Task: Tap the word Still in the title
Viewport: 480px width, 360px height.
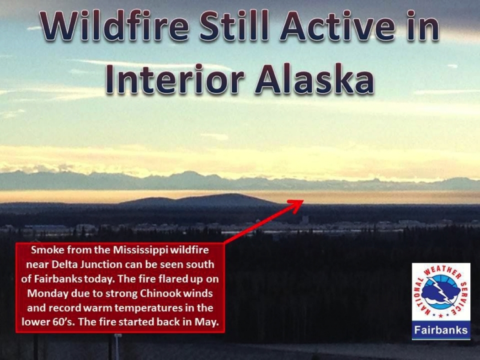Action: coord(235,26)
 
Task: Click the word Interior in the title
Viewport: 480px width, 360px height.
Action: coord(175,79)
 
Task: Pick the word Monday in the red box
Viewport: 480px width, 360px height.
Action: coord(48,294)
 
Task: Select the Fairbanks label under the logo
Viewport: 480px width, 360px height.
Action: coord(441,330)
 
